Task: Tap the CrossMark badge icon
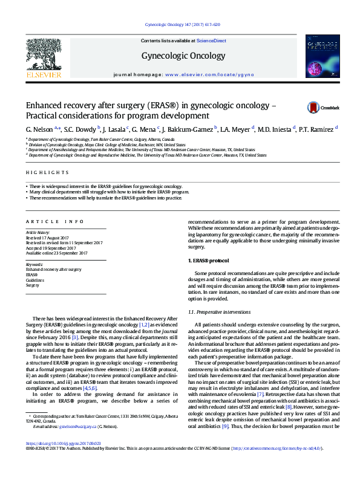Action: [314, 108]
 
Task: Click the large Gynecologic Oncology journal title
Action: [180, 55]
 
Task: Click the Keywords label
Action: [34, 264]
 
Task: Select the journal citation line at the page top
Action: [183, 24]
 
